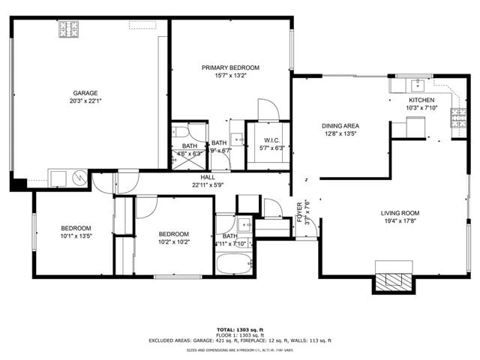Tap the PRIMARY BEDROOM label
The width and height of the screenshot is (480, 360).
[x=230, y=67]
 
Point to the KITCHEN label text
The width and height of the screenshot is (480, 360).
[x=421, y=100]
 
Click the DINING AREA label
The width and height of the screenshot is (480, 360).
[x=340, y=126]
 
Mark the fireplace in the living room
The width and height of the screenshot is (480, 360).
[x=394, y=280]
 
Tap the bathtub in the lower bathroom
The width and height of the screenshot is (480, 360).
[x=235, y=265]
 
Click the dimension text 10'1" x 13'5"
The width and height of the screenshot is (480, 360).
[x=76, y=236]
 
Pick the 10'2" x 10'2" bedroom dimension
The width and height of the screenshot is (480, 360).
[x=173, y=241]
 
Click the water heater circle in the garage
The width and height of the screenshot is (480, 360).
[x=77, y=178]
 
